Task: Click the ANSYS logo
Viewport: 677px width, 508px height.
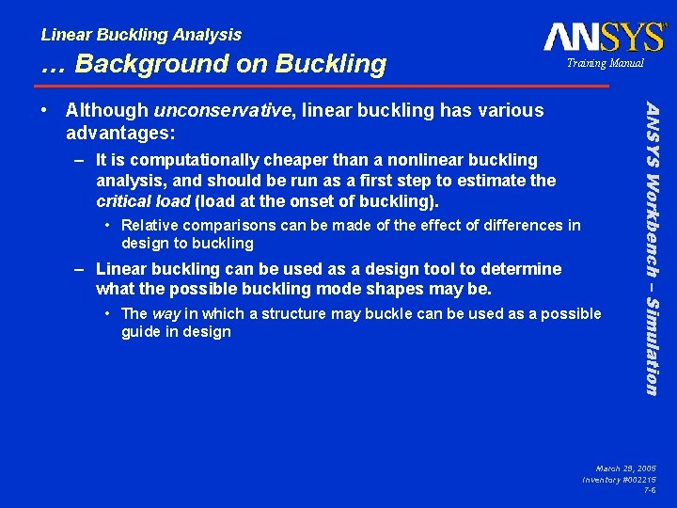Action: tap(604, 37)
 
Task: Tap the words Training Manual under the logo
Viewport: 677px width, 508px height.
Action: tap(605, 63)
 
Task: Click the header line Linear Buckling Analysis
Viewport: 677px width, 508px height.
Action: tap(141, 35)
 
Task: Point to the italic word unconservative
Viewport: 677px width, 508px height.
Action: tap(222, 111)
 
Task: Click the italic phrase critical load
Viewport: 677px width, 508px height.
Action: tap(142, 201)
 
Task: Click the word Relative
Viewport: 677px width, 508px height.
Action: tap(151, 226)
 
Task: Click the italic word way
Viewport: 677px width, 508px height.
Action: tap(167, 313)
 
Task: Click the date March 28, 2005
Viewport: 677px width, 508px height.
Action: tap(625, 468)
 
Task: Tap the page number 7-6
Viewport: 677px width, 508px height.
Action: tap(650, 490)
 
